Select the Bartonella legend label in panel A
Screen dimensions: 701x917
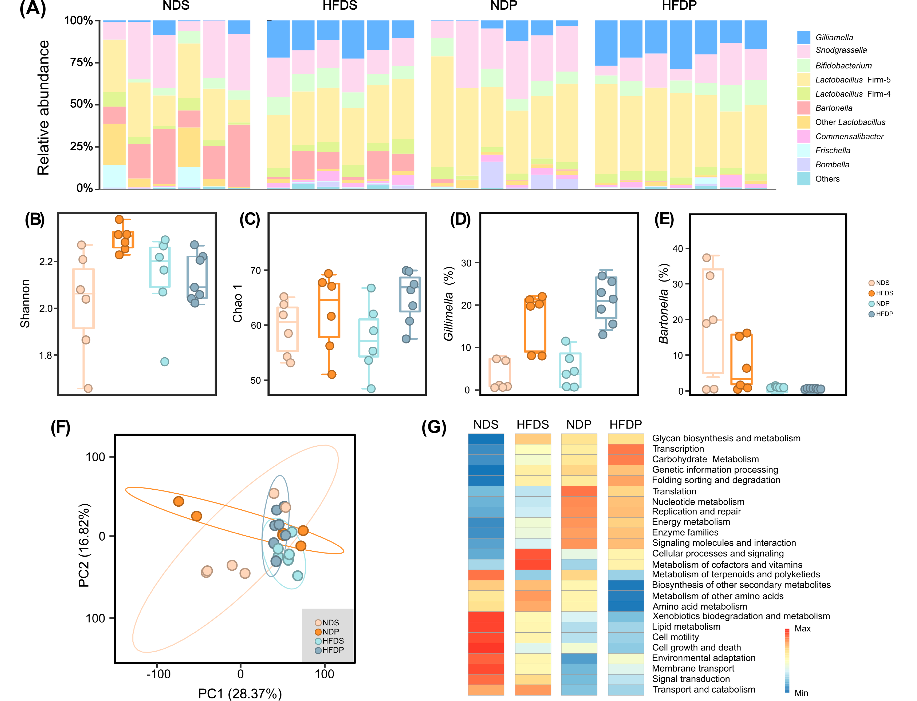pos(834,108)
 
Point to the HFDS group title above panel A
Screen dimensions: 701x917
pos(340,6)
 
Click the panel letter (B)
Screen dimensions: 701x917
pos(35,220)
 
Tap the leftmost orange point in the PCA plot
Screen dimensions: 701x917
pos(179,501)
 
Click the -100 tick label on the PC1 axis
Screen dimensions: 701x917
pos(159,674)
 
